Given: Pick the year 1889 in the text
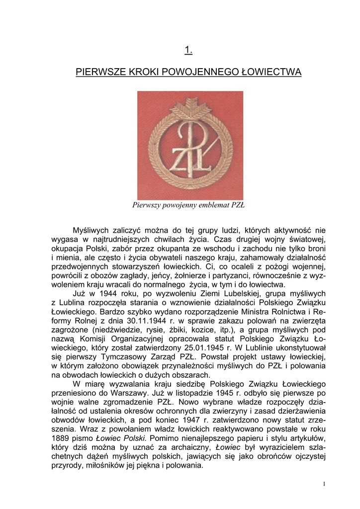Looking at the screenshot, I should (x=62, y=439).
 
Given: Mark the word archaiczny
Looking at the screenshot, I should (x=192, y=448).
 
